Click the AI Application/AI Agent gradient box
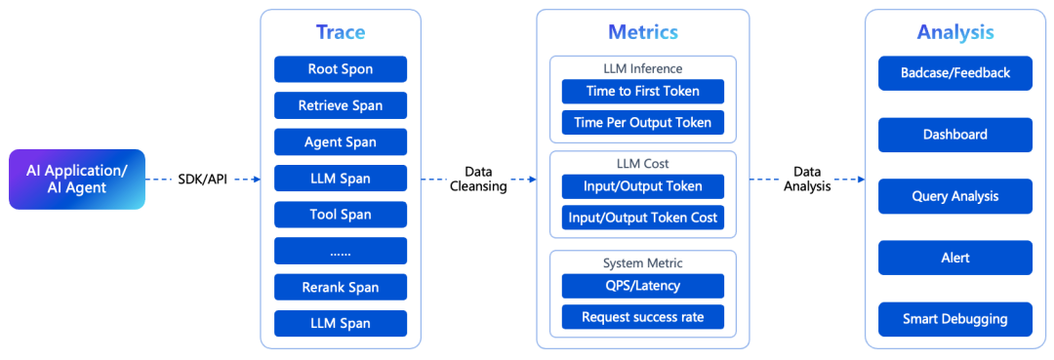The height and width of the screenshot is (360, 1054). pos(77,180)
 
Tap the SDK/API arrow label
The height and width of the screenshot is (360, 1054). pos(202,180)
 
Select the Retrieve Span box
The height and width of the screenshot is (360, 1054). pos(341,105)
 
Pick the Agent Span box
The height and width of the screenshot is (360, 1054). pos(341,141)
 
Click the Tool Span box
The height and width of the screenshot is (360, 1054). pos(341,215)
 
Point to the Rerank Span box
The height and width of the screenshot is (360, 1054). pos(341,287)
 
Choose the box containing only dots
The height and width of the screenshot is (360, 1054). pos(341,251)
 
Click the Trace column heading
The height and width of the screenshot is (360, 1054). pos(341,31)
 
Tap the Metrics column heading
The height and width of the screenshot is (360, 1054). pos(642,31)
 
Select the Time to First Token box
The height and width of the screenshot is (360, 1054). pos(642,92)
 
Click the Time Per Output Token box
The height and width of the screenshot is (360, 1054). pos(642,122)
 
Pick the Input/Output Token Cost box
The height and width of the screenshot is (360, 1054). pos(642,218)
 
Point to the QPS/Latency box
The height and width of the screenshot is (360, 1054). pos(642,286)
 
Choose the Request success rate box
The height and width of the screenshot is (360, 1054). pos(642,317)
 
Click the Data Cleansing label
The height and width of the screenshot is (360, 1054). pos(478,180)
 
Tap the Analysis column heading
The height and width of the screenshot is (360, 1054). pos(955,31)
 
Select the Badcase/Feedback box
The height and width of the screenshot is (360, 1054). pos(955,73)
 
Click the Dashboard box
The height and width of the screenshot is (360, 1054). pos(955,135)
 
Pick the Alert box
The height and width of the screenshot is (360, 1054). pos(955,258)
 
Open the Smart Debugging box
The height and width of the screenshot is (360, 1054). pos(955,319)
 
